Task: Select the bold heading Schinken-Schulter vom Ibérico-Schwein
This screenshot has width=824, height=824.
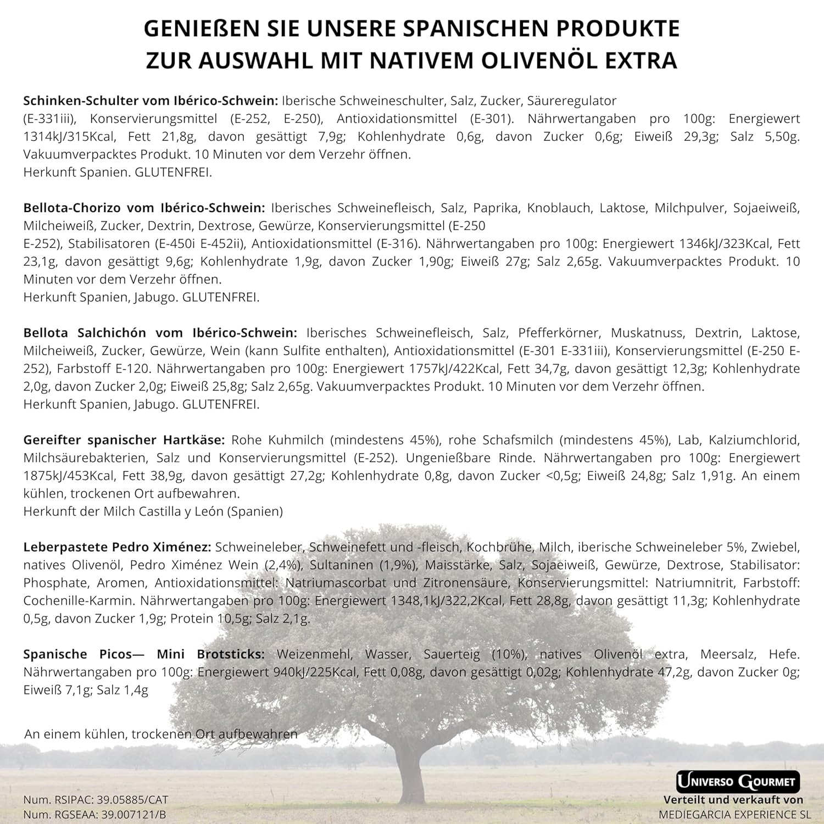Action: [x=151, y=101]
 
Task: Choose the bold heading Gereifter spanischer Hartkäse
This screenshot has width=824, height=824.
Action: [x=124, y=440]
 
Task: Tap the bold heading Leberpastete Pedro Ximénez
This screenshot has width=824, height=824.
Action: [x=117, y=547]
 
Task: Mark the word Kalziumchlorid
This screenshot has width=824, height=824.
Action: [x=754, y=440]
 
